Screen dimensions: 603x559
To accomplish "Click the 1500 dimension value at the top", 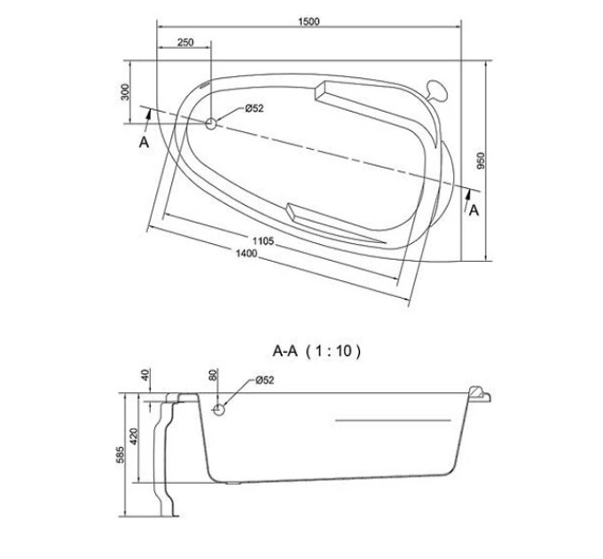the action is pos(309,21).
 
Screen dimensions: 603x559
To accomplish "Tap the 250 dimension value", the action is pos(185,43).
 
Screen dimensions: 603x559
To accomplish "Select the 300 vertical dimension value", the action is pos(125,92).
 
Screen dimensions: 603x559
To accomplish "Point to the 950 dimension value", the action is pos(481,161).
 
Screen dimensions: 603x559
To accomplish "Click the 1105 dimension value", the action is pos(263,240).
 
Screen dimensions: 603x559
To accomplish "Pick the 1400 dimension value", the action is pos(247,253).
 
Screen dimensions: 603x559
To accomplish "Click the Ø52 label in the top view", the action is pos(255,108).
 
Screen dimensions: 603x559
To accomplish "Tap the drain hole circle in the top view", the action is pos(211,123).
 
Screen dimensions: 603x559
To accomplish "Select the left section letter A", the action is pos(144,142).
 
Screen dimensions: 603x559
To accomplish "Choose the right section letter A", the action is pos(474,210).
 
